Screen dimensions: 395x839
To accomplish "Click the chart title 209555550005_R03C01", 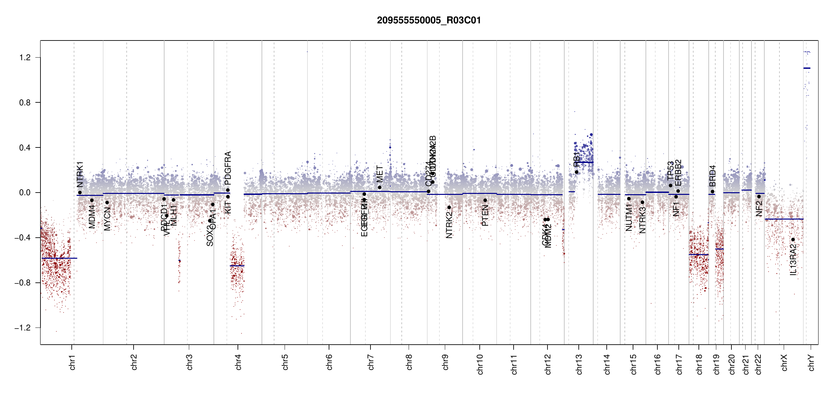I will point(429,20).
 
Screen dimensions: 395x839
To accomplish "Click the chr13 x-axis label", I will point(579,364).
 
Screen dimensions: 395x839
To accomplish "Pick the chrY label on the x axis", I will point(811,362).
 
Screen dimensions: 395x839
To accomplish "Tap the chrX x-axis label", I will point(784,362).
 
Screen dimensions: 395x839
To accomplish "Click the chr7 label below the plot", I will point(371,362).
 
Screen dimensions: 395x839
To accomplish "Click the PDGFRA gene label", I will point(228,168).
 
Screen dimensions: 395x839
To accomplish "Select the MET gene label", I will point(380,174).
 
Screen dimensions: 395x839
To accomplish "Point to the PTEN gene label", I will point(485,215).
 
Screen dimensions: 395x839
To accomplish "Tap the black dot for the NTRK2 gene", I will point(449,207).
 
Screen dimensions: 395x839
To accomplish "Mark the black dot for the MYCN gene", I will point(107,203).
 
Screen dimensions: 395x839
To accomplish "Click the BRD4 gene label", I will point(712,176).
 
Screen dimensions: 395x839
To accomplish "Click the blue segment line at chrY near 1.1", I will point(807,68).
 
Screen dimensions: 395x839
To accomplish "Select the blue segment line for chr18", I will point(699,254).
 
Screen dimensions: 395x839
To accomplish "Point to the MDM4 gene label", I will point(92,217).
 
